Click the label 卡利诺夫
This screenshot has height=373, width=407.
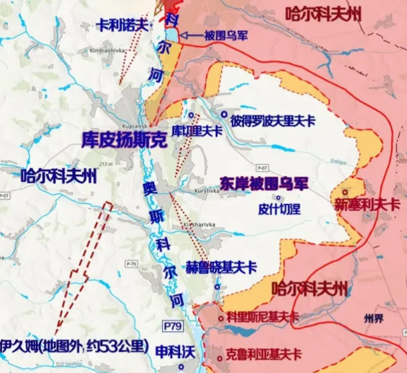point(122,25)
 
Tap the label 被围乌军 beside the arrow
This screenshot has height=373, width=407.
point(225,36)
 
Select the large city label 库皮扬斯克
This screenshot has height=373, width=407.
point(124,140)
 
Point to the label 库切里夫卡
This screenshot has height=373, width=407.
point(197,130)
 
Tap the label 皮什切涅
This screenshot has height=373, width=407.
point(279,209)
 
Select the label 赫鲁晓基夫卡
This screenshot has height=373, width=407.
point(221,268)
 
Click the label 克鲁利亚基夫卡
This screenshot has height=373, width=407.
point(264,355)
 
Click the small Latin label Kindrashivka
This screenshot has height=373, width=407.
point(106,50)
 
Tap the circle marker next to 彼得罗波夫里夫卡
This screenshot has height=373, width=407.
point(223,115)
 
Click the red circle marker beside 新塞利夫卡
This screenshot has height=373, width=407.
point(345,191)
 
